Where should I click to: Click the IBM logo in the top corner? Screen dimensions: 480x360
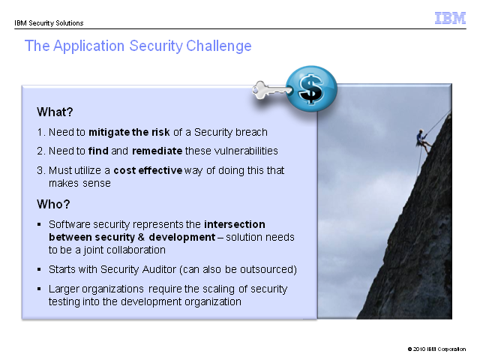450,18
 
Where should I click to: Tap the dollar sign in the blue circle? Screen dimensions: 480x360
311,88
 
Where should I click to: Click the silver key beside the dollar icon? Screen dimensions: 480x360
271,90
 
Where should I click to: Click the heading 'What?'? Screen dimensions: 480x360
55,112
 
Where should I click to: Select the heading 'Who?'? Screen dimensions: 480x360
53,204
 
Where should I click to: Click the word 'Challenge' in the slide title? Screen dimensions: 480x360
219,46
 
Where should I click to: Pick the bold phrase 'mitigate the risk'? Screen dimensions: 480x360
129,132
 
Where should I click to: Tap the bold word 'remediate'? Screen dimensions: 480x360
157,151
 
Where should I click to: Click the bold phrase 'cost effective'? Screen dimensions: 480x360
148,170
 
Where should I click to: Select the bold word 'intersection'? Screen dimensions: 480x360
235,224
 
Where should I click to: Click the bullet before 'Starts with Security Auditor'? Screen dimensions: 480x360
39,270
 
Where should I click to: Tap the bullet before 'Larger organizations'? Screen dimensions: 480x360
39,289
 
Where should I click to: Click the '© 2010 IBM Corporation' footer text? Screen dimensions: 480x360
436,349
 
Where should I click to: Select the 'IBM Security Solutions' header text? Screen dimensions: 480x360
49,23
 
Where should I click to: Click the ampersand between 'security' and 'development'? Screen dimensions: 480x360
142,237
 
